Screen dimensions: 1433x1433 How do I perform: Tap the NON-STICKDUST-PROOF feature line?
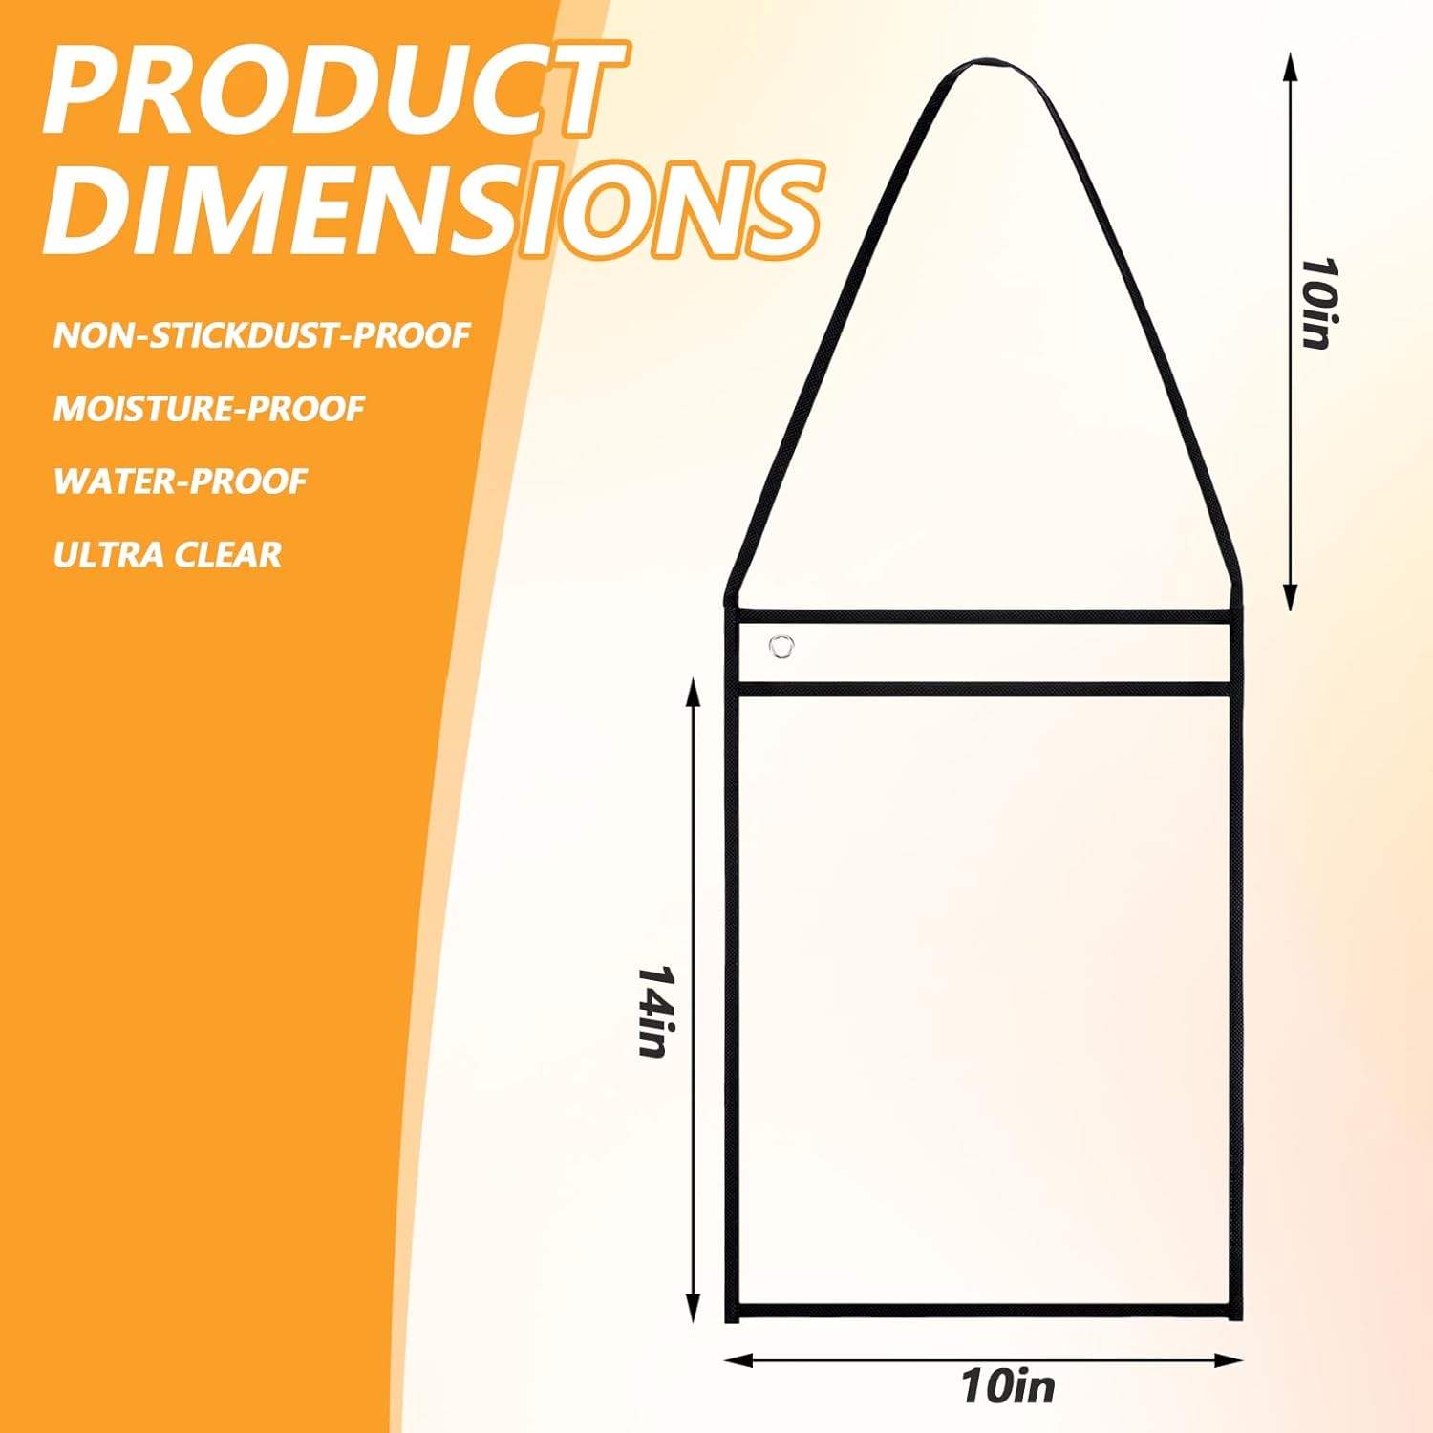coord(262,335)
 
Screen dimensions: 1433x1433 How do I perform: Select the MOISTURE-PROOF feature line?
coord(209,409)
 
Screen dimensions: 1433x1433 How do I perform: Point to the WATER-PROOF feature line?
coord(181,481)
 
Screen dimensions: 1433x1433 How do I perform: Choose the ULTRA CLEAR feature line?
coord(167,555)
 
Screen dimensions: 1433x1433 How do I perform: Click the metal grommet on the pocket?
coord(781,647)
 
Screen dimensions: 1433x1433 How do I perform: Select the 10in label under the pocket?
coord(1008,1386)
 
